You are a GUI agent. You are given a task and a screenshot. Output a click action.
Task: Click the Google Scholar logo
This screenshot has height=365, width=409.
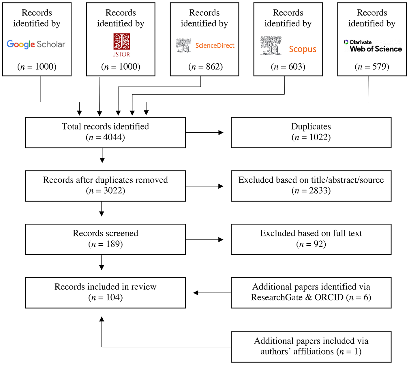pyautogui.click(x=36, y=44)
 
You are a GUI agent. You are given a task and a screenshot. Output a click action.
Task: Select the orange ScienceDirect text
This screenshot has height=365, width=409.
pyautogui.click(x=215, y=46)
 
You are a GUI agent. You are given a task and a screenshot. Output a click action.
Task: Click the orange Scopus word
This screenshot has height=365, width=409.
pyautogui.click(x=303, y=49)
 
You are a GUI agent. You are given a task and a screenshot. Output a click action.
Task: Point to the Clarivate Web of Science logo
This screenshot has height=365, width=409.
pyautogui.click(x=373, y=46)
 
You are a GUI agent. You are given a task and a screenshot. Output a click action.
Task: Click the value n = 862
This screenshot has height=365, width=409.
pyautogui.click(x=205, y=67)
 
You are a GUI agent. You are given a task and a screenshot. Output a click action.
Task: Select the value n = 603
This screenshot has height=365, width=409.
pyautogui.click(x=288, y=67)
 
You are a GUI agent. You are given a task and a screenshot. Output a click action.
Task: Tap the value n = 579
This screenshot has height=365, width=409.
pyautogui.click(x=372, y=67)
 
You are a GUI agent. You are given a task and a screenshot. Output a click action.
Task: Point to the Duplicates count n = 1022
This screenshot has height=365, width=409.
pyautogui.click(x=311, y=137)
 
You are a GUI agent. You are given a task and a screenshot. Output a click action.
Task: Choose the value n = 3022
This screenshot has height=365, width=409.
pyautogui.click(x=105, y=191)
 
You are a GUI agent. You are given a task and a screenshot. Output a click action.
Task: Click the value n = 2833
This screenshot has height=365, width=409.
pyautogui.click(x=311, y=191)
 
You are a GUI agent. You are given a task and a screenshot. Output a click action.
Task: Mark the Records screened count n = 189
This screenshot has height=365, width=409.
pyautogui.click(x=105, y=244)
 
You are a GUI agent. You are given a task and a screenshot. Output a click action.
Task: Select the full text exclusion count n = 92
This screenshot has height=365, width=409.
pyautogui.click(x=311, y=244)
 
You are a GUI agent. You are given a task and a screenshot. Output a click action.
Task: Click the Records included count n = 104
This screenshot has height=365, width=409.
pyautogui.click(x=105, y=297)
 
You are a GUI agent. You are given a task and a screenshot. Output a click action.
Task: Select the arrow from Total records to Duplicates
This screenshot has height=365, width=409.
pyautogui.click(x=204, y=133)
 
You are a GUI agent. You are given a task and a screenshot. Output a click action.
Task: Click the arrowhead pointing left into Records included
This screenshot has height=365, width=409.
pyautogui.click(x=196, y=293)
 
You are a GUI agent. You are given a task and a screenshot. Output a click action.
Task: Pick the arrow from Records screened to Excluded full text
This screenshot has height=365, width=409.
pyautogui.click(x=204, y=240)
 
